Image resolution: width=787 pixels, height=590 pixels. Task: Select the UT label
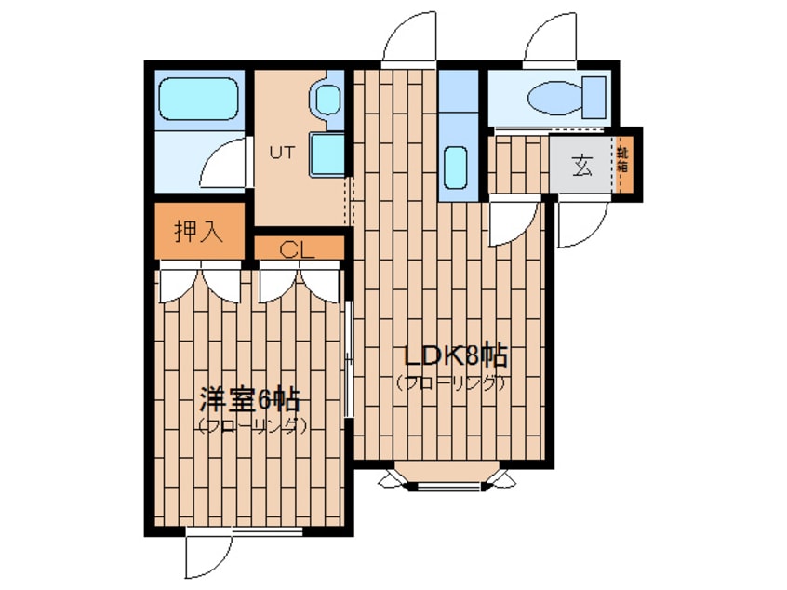tap(281, 154)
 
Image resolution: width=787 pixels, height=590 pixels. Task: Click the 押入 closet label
tap(199, 232)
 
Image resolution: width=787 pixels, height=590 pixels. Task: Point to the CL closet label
tap(299, 248)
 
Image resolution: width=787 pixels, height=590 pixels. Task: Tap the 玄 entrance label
tap(581, 167)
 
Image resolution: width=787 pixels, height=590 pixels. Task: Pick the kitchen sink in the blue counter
tap(456, 167)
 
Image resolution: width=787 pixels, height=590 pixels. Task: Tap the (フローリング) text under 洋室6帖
tap(251, 426)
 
